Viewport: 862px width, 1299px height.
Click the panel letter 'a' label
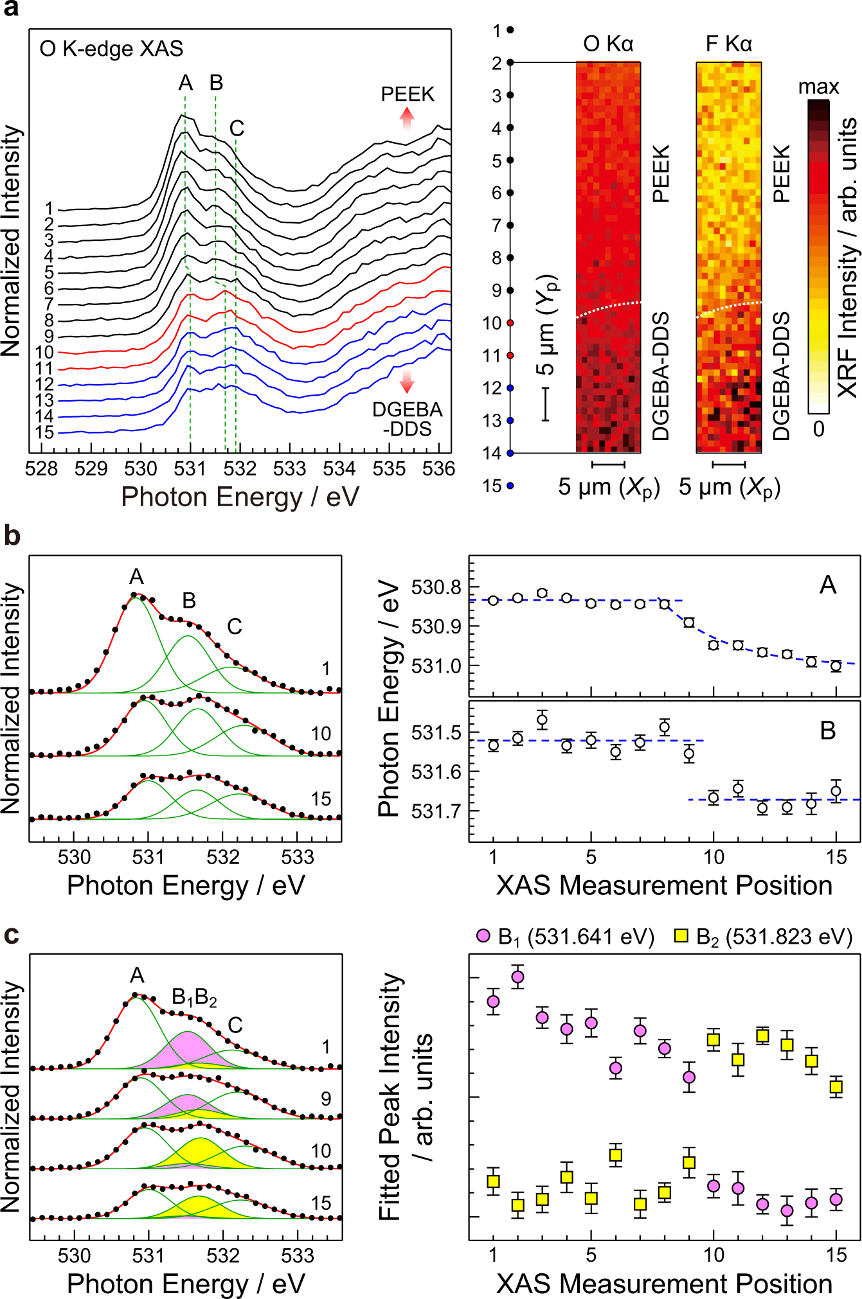11,9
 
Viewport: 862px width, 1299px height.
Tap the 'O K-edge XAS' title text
111,49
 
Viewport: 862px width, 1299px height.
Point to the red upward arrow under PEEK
407,119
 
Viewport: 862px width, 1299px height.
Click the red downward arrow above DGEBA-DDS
407,380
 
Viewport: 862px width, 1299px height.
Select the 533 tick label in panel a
289,469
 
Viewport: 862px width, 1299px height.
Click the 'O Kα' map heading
608,44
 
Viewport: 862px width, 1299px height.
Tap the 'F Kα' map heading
728,44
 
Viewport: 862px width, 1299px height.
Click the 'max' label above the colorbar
818,87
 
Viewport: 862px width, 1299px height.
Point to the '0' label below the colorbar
818,429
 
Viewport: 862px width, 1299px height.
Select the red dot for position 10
510,323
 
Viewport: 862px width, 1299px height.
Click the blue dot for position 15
510,486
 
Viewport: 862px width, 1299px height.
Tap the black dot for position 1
510,30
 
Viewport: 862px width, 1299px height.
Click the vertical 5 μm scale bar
545,403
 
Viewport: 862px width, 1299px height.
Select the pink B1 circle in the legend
483,936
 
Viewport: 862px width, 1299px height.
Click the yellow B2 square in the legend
681,936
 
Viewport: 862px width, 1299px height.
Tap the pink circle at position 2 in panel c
518,977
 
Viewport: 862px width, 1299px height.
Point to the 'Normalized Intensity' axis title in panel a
12,241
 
